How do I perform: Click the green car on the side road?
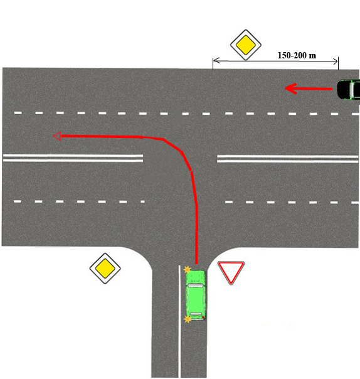[196, 295]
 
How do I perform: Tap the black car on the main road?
[349, 90]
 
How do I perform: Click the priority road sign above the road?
[246, 45]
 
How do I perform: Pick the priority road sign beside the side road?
[105, 269]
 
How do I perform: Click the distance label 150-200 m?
[297, 55]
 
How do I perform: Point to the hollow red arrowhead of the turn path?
[57, 136]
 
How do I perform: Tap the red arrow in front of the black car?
[309, 88]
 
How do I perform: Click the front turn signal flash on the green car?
[187, 269]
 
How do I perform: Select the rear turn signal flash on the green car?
[188, 319]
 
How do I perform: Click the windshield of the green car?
[196, 286]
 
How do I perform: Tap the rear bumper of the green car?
[196, 319]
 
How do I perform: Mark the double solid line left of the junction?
[73, 158]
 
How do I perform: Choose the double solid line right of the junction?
[287, 159]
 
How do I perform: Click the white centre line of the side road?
[179, 321]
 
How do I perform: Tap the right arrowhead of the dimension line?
[336, 61]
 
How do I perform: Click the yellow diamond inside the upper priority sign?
[246, 45]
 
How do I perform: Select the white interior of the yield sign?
[231, 270]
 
